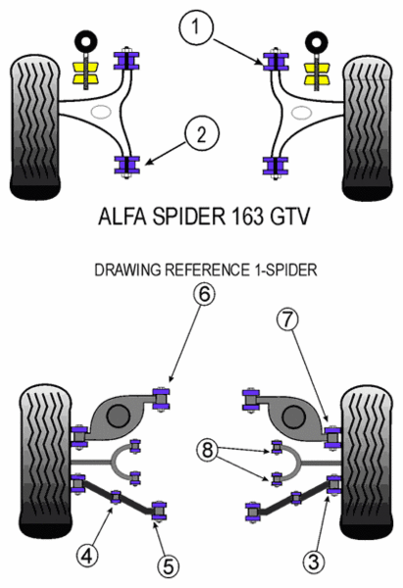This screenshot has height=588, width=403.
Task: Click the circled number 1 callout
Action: (195, 26)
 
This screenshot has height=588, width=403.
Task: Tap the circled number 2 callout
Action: (202, 134)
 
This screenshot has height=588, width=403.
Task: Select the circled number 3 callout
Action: (314, 562)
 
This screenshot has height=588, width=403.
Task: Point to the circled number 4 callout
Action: (88, 555)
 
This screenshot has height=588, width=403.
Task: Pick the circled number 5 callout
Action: (169, 566)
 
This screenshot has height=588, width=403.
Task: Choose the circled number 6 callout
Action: (204, 294)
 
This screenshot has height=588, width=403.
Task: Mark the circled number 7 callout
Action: (287, 319)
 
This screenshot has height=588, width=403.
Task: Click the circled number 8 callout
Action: (208, 450)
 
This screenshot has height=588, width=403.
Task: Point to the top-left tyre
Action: (34, 126)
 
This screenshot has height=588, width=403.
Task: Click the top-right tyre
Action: (368, 127)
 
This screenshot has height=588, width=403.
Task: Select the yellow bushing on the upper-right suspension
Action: (317, 73)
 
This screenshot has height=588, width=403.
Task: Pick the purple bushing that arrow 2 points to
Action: (126, 166)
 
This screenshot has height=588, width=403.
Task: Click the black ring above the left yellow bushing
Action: (86, 41)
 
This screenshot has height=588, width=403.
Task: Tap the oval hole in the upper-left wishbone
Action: (101, 112)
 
